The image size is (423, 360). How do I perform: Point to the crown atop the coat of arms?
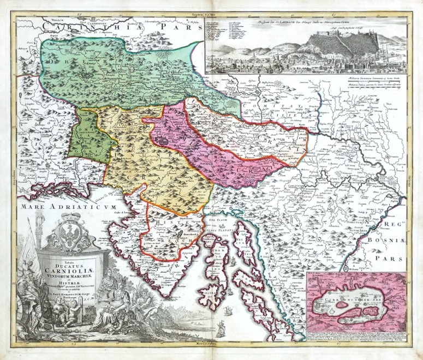tap(69, 217)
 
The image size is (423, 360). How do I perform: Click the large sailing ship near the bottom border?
tap(220, 329)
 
